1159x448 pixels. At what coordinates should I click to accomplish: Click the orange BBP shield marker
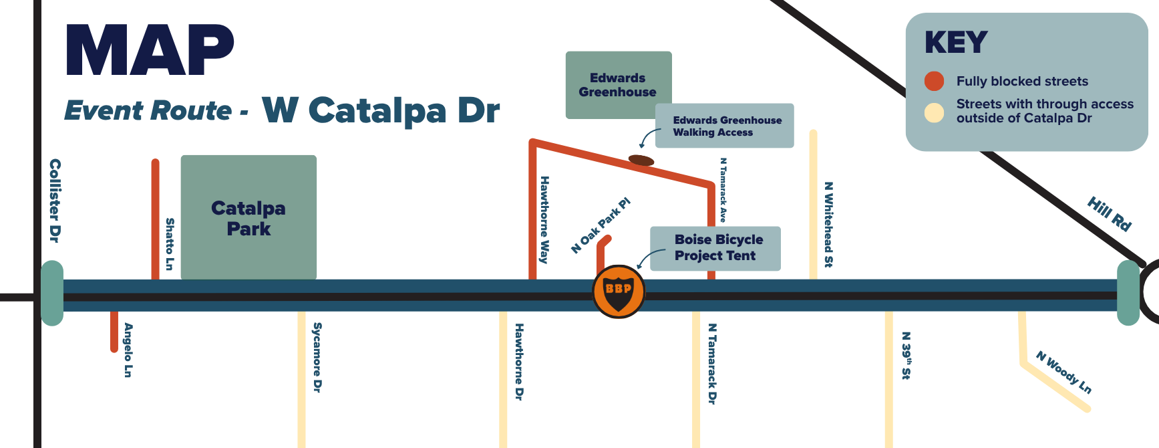tap(619, 292)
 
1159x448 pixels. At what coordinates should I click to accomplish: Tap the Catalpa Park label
tap(249, 219)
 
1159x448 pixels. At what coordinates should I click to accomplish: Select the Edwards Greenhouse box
tap(619, 85)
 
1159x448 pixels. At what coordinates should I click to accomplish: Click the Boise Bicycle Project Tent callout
tap(715, 248)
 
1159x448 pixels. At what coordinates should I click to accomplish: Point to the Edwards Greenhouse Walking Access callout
tap(725, 126)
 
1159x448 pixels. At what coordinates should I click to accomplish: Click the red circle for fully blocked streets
tap(934, 81)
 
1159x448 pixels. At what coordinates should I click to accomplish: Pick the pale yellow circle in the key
tap(934, 112)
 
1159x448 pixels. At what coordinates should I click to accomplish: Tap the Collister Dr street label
tap(55, 201)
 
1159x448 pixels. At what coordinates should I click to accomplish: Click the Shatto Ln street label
tap(170, 244)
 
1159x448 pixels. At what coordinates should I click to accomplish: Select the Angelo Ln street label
tap(128, 350)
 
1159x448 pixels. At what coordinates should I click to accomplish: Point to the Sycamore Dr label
tap(317, 357)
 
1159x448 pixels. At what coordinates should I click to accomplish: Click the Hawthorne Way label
tap(544, 219)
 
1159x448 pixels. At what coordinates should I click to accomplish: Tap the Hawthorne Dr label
tap(519, 362)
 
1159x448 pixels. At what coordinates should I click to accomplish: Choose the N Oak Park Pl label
tap(601, 225)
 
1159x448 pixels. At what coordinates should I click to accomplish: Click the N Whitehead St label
tap(828, 225)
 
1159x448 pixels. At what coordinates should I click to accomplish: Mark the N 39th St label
tap(906, 355)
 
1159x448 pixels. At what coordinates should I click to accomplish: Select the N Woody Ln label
tap(1063, 372)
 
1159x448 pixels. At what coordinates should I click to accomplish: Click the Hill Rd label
tap(1110, 214)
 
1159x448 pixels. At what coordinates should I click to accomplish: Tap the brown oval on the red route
tap(641, 160)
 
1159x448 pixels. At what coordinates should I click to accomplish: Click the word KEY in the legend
tap(956, 43)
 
